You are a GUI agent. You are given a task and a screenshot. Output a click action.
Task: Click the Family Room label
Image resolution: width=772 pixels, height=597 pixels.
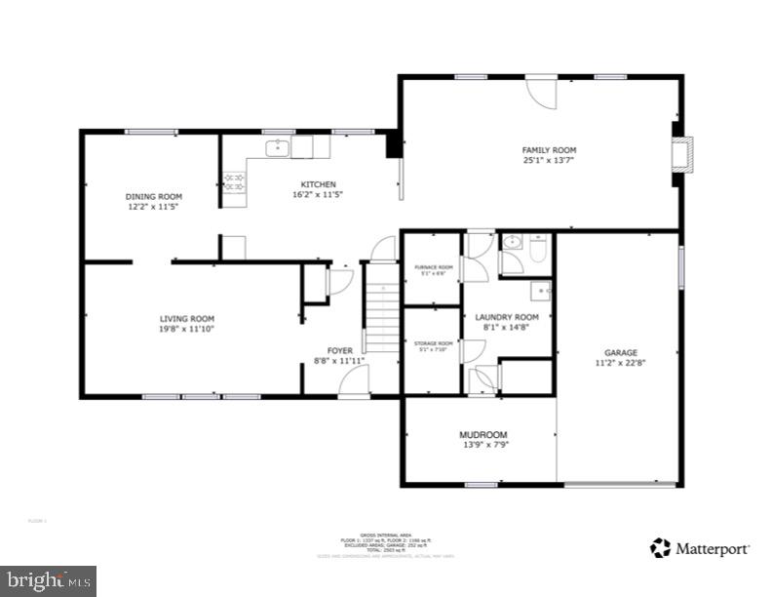click(543, 149)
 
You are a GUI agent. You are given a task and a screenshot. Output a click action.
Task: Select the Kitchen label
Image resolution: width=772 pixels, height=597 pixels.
click(318, 184)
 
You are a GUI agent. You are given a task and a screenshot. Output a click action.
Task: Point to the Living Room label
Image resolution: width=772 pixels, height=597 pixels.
click(187, 318)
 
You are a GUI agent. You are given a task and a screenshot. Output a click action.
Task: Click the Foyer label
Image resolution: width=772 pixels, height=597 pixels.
click(339, 350)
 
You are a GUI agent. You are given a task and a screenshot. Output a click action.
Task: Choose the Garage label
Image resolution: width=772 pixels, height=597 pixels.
click(620, 352)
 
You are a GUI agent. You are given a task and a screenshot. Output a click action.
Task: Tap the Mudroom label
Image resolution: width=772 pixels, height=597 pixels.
click(483, 434)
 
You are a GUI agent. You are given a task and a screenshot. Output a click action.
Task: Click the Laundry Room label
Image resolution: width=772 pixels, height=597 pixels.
click(506, 318)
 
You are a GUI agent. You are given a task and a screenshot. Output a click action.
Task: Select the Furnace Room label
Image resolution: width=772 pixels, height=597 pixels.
click(433, 267)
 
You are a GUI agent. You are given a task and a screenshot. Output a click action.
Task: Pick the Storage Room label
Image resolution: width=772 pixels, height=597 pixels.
click(433, 343)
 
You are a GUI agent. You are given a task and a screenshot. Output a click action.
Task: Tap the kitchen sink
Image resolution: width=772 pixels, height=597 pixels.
click(278, 148)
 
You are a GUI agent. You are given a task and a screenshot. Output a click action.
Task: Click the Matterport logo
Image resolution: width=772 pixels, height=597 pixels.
click(701, 547)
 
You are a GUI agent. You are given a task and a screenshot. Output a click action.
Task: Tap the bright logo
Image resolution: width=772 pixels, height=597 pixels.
click(48, 581)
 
